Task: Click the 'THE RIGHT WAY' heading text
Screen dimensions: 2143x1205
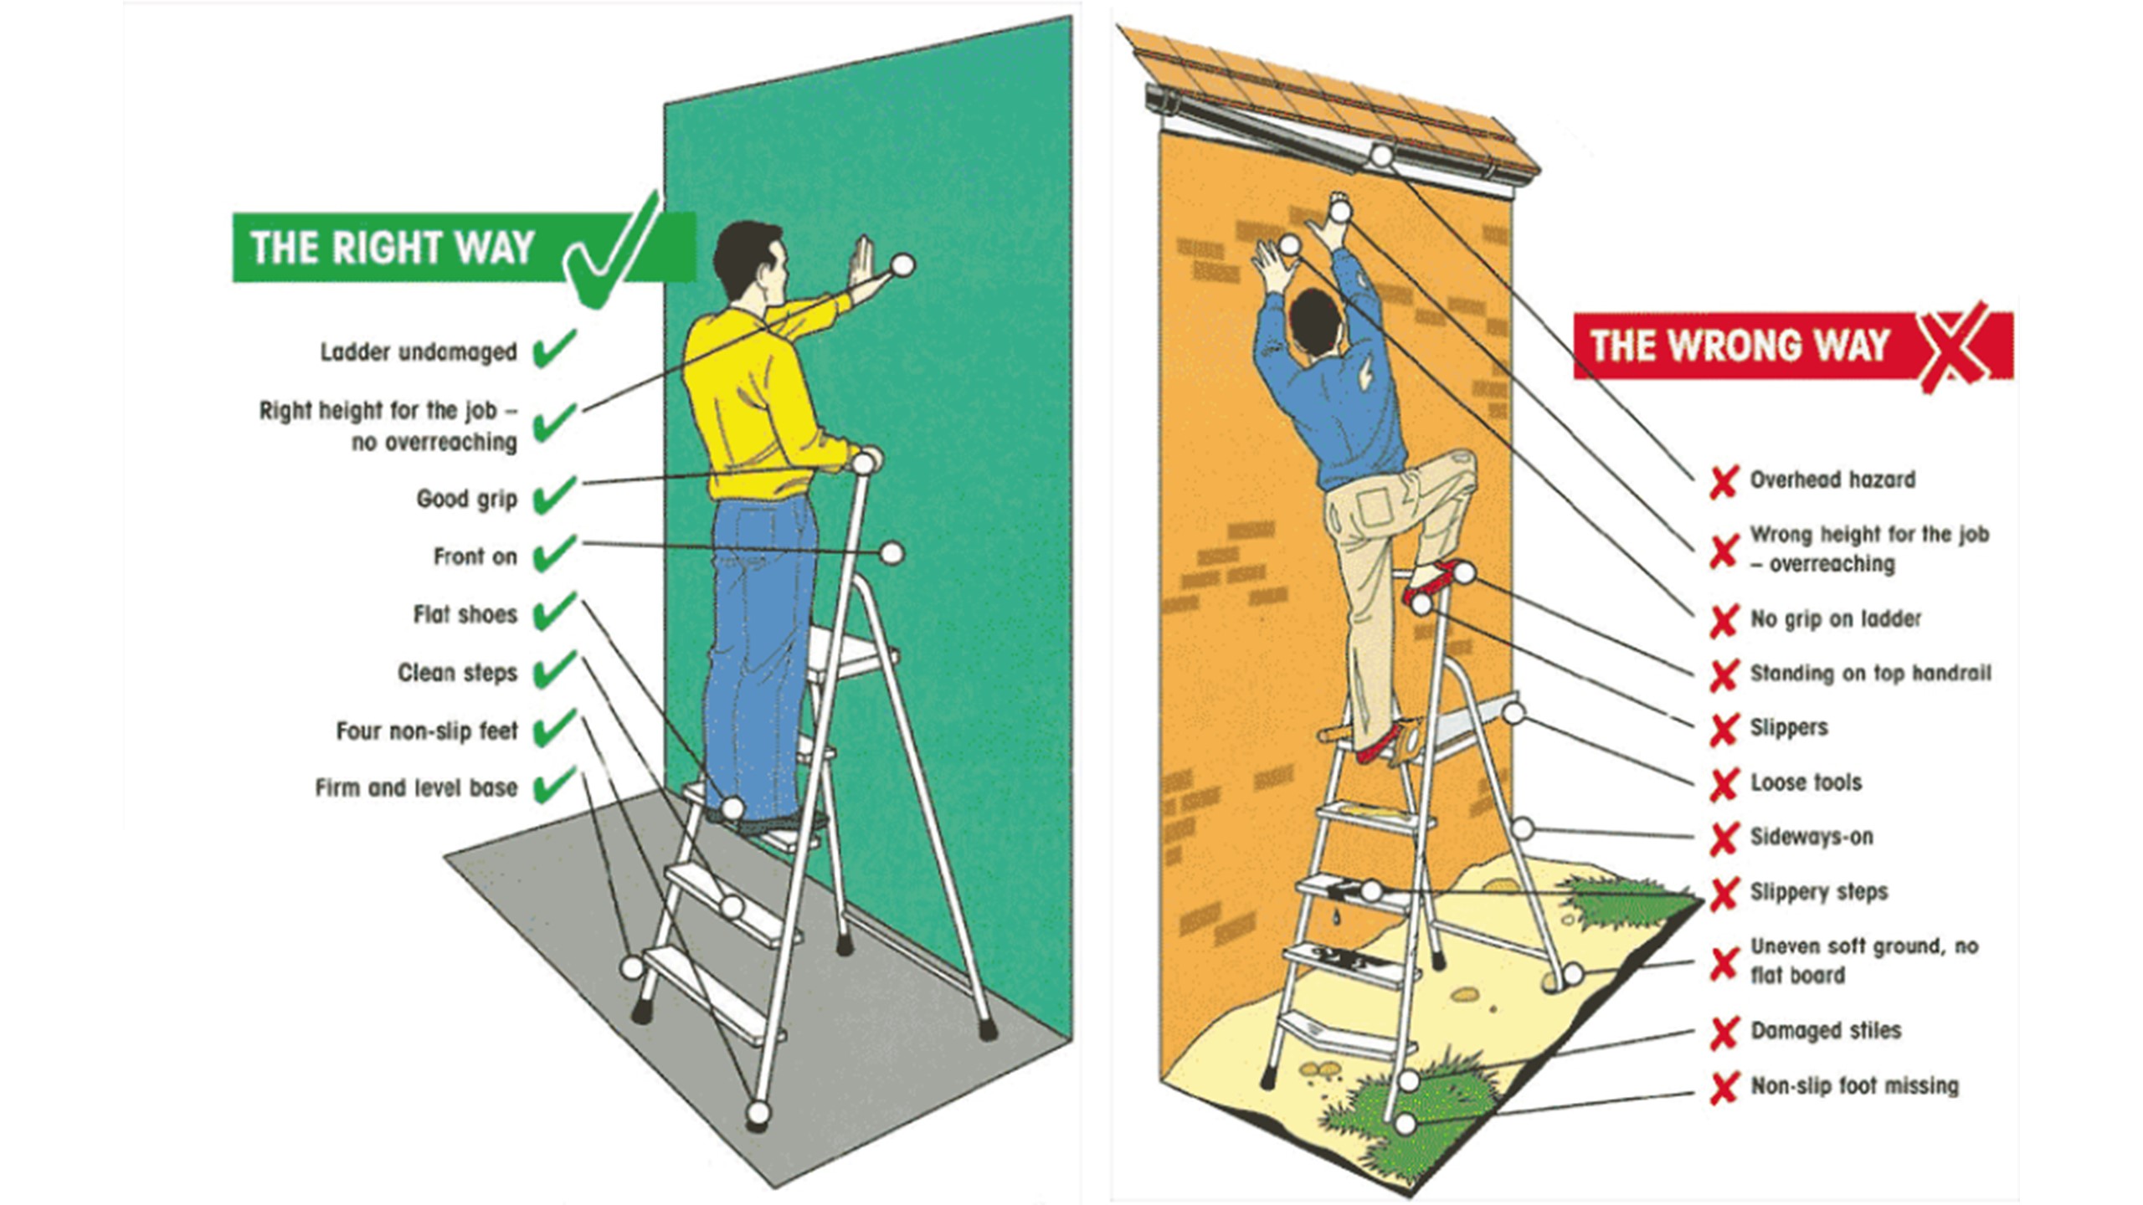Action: pos(392,248)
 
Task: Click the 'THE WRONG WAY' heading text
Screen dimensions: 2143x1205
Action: pos(1740,346)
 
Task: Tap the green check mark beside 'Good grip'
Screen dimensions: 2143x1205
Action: pos(554,495)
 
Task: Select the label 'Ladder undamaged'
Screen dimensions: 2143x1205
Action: pos(419,352)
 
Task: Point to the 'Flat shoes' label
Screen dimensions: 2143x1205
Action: pos(465,615)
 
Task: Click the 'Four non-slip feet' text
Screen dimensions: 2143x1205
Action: pos(427,731)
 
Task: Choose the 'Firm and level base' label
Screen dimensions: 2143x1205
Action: pos(416,788)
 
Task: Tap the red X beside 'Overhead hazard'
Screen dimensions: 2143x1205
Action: pos(1724,482)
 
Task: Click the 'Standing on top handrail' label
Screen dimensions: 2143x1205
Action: pos(1871,674)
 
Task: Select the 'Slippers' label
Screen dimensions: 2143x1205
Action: pos(1789,728)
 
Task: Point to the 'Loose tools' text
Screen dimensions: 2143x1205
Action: pos(1806,783)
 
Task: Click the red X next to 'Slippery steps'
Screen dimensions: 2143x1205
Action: pos(1724,894)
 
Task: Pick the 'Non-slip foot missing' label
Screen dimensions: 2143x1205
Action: pos(1855,1086)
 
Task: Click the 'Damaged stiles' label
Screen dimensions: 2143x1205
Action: pos(1826,1031)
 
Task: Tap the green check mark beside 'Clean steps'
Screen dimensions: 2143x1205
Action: pos(554,669)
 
